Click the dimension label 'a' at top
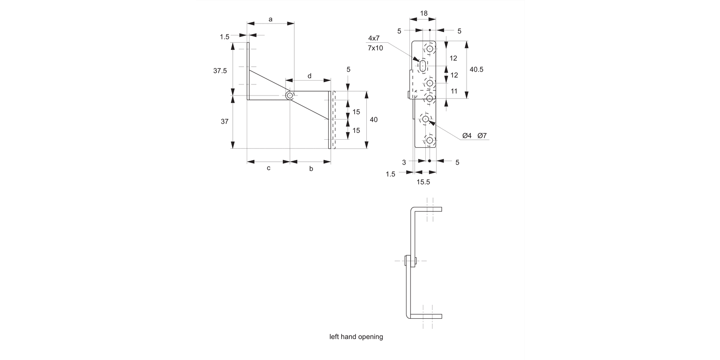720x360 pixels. [x=270, y=19]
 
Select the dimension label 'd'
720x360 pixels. [x=309, y=76]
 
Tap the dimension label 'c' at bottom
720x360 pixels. [x=269, y=168]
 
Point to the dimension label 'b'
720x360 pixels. [x=311, y=169]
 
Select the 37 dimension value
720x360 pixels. [x=224, y=121]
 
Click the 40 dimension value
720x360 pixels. [x=373, y=119]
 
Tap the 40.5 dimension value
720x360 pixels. [x=476, y=69]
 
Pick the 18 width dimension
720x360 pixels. [x=423, y=14]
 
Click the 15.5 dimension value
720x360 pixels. [x=423, y=182]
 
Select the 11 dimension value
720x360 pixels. [x=454, y=91]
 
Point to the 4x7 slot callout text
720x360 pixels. [x=374, y=38]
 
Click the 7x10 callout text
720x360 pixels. [x=375, y=48]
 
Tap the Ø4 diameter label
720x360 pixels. [x=467, y=136]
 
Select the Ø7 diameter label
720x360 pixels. [x=482, y=136]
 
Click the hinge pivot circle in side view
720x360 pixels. [x=289, y=96]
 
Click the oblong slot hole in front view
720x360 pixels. [x=422, y=66]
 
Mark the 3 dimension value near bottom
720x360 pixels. [x=404, y=162]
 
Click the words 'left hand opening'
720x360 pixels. [x=356, y=336]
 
